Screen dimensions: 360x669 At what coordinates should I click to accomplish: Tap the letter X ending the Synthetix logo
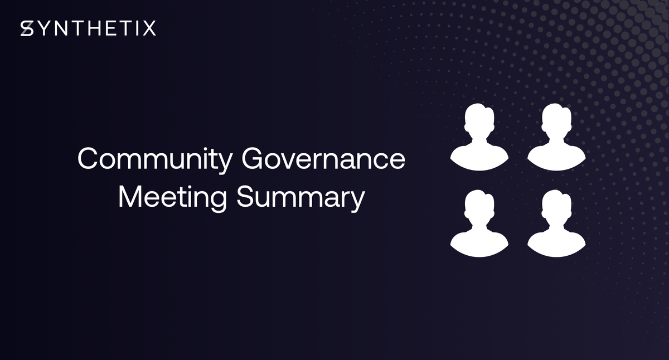[149, 28]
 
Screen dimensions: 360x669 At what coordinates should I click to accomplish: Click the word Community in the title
[154, 160]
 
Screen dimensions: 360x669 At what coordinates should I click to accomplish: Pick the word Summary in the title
[300, 198]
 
